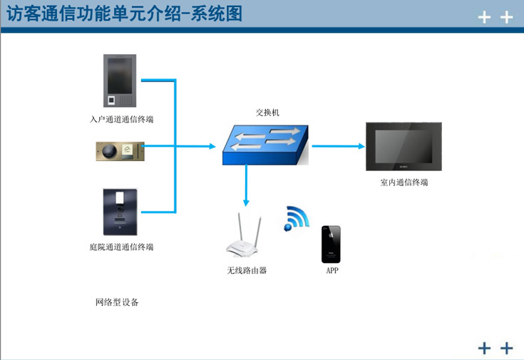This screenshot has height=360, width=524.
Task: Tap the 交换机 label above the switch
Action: (268, 113)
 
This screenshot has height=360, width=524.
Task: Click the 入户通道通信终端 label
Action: (117, 119)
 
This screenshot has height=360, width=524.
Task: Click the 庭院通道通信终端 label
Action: (117, 247)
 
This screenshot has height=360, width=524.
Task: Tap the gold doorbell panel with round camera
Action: (120, 150)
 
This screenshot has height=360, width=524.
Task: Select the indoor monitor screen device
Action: (404, 146)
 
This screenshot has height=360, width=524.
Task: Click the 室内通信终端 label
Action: (404, 182)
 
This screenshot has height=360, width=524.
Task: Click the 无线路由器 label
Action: (247, 271)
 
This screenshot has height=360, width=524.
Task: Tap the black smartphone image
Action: (331, 245)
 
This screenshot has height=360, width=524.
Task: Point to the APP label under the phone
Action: (332, 272)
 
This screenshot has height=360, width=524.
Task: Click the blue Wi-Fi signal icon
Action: (295, 218)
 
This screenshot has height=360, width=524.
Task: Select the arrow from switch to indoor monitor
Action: (338, 146)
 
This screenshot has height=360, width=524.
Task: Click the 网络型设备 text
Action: (117, 302)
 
